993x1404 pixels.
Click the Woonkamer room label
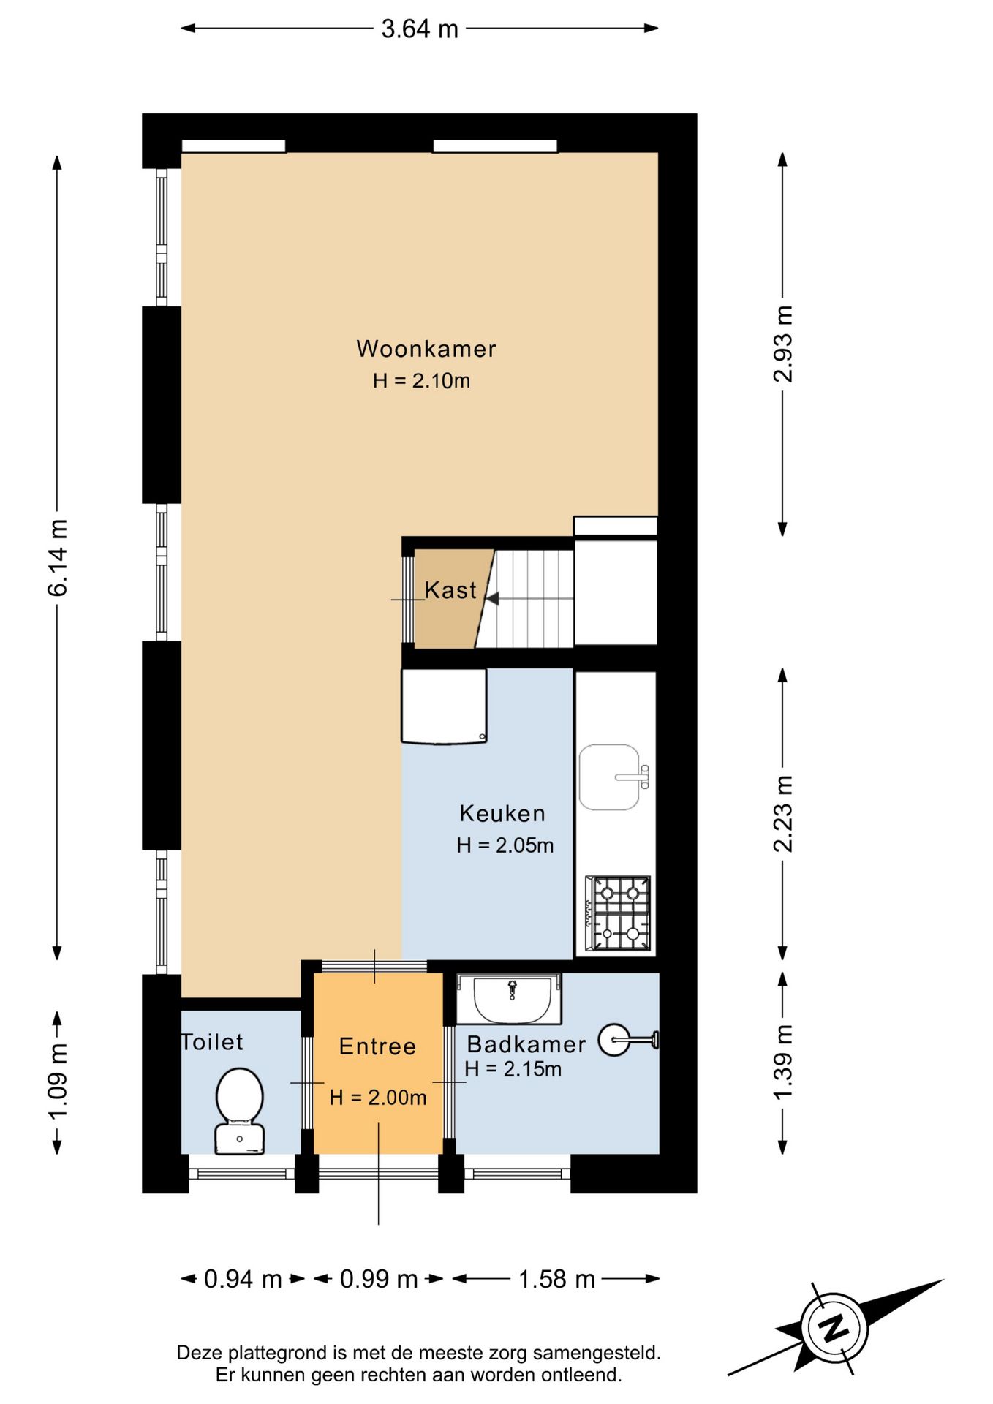tap(426, 349)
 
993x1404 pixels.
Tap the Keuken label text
tap(502, 813)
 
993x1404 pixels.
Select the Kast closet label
tap(450, 590)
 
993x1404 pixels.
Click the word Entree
tap(377, 1046)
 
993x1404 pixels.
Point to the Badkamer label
tap(526, 1044)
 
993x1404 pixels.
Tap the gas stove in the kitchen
tap(619, 913)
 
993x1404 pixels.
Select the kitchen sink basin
tap(610, 777)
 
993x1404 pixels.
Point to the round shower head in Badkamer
tap(614, 1040)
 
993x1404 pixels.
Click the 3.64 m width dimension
tap(420, 29)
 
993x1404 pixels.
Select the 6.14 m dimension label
tap(57, 558)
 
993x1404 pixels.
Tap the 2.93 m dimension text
tap(782, 344)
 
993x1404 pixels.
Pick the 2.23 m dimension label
tap(782, 814)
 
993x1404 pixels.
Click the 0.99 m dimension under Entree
tap(379, 1279)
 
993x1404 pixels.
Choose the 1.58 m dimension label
tap(556, 1279)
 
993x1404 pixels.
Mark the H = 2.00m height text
tap(377, 1097)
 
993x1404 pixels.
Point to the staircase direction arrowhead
tap(493, 599)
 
